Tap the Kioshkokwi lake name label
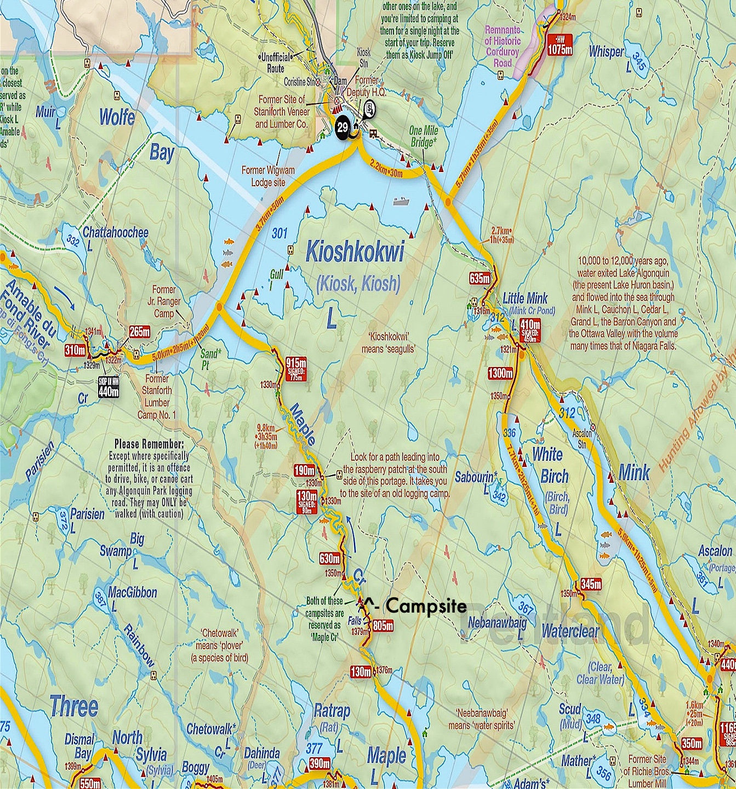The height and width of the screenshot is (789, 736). [x=355, y=253]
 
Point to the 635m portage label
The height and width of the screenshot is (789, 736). [x=479, y=278]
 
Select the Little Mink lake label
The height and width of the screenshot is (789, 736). [x=525, y=299]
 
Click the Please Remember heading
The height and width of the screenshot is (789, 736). [x=149, y=444]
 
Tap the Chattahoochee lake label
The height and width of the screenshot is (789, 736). [x=115, y=232]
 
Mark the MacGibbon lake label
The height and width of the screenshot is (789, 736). [x=133, y=592]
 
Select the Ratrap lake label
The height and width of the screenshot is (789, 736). [x=331, y=712]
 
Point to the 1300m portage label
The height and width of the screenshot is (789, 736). [x=500, y=374]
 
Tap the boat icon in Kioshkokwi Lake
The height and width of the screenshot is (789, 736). [x=401, y=201]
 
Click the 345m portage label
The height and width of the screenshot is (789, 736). [x=591, y=583]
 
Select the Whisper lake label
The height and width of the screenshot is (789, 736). [x=606, y=52]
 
